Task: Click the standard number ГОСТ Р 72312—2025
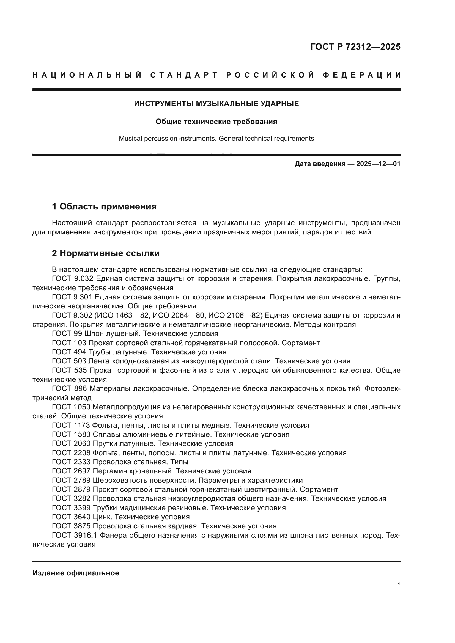pos(355,47)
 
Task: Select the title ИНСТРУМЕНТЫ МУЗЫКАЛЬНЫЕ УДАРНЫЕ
pos(216,104)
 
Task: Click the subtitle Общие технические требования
pos(216,122)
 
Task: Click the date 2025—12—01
pos(378,164)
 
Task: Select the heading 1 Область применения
pos(104,207)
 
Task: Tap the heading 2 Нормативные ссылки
pos(106,253)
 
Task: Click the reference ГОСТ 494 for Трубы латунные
pos(69,352)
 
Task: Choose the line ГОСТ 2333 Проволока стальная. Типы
pos(120,462)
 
